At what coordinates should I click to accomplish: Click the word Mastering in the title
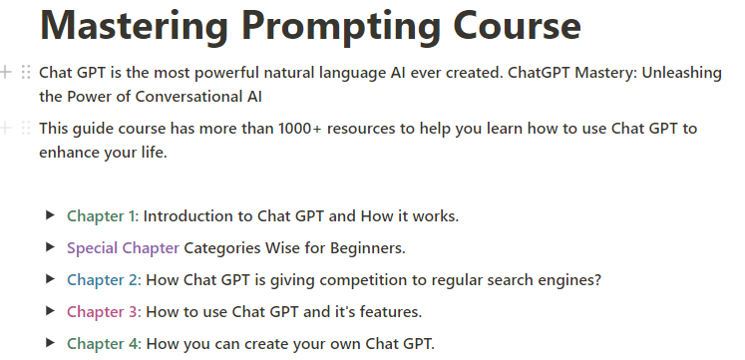pos(134,26)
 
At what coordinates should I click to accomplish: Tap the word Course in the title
pos(517,25)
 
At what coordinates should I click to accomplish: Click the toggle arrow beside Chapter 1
pos(50,215)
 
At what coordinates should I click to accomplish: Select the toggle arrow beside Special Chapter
pos(50,247)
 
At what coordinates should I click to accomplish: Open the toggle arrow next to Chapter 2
pos(50,279)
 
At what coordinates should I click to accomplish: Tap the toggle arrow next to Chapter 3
pos(50,310)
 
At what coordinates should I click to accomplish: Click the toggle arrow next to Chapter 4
pos(50,342)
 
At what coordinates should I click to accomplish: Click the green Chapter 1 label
pos(103,216)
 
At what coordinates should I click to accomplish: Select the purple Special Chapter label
pos(123,248)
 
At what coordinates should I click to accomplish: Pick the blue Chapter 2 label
pos(104,280)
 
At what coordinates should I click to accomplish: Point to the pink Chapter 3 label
pos(104,311)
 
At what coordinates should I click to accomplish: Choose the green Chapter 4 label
pos(104,343)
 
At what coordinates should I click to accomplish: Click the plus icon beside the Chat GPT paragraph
pos(6,72)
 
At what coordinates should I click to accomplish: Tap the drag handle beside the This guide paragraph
pos(26,128)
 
